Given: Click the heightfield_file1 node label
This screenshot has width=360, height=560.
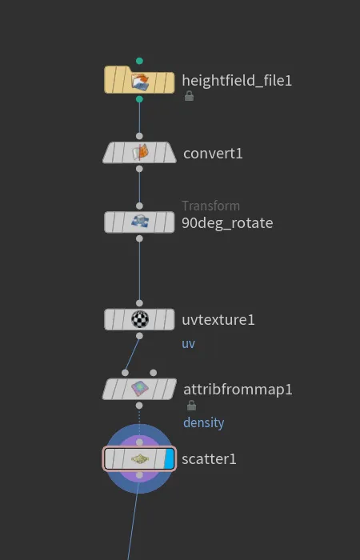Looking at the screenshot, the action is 237,81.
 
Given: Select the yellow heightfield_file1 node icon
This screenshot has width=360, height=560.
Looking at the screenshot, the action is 139,81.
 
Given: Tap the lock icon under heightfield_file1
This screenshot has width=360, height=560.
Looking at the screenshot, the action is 189,96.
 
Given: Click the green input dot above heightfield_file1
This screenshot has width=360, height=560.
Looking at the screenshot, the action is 139,61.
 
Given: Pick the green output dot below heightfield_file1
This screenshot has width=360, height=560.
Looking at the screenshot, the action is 139,99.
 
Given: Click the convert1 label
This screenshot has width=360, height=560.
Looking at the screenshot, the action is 213,154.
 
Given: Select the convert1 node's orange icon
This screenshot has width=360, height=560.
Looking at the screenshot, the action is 140,153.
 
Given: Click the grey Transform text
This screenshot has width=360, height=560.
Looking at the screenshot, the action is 210,206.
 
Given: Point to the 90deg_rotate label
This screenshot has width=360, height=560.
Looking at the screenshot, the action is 227,223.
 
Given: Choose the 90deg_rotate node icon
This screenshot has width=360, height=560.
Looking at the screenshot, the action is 140,222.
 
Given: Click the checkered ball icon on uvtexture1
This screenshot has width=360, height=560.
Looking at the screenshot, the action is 140,319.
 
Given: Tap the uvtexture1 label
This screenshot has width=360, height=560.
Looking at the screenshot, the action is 218,320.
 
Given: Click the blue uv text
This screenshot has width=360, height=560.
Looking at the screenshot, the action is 188,343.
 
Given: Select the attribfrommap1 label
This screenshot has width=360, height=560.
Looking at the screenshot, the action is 238,390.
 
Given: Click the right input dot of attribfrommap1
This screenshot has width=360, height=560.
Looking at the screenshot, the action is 154,373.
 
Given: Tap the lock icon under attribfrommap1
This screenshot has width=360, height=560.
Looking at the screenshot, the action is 191,405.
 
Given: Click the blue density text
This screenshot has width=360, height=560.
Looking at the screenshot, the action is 203,423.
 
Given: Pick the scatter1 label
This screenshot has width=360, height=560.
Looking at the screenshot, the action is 209,459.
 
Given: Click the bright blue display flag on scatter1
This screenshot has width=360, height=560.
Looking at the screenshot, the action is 169,459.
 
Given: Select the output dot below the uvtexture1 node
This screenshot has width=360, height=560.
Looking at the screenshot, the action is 139,336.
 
